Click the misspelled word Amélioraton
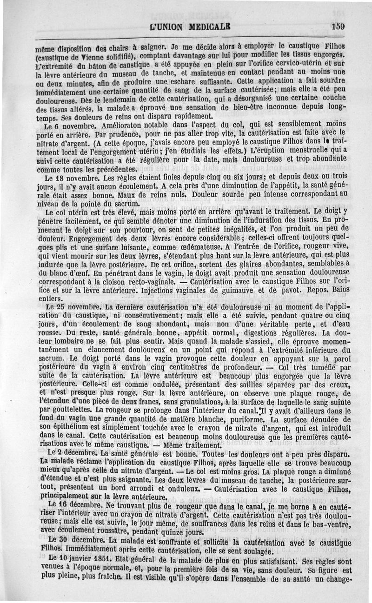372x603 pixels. point(126,125)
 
